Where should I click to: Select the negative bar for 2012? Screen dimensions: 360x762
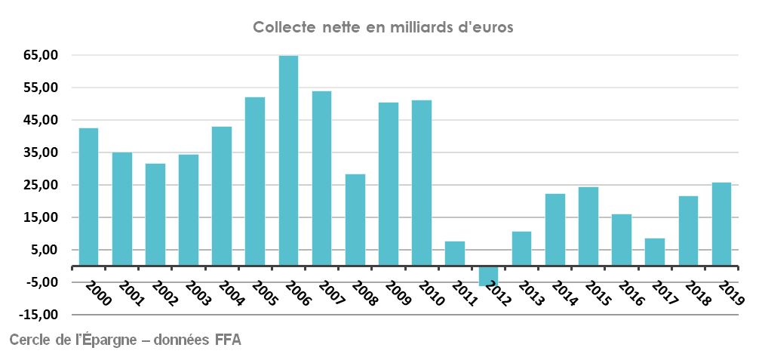pyautogui.click(x=488, y=275)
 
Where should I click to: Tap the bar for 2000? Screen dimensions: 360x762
pyautogui.click(x=88, y=197)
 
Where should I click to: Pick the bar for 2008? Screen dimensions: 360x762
pyautogui.click(x=355, y=220)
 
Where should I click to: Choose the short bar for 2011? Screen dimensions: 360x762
pyautogui.click(x=455, y=254)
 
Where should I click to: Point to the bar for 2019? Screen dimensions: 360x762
pyautogui.click(x=721, y=224)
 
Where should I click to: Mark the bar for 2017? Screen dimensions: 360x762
pyautogui.click(x=655, y=252)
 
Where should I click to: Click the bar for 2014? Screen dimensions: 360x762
pyautogui.click(x=555, y=230)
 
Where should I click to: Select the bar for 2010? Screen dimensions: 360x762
pyautogui.click(x=422, y=183)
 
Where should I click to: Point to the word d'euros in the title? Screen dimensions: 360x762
pyautogui.click(x=486, y=27)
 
